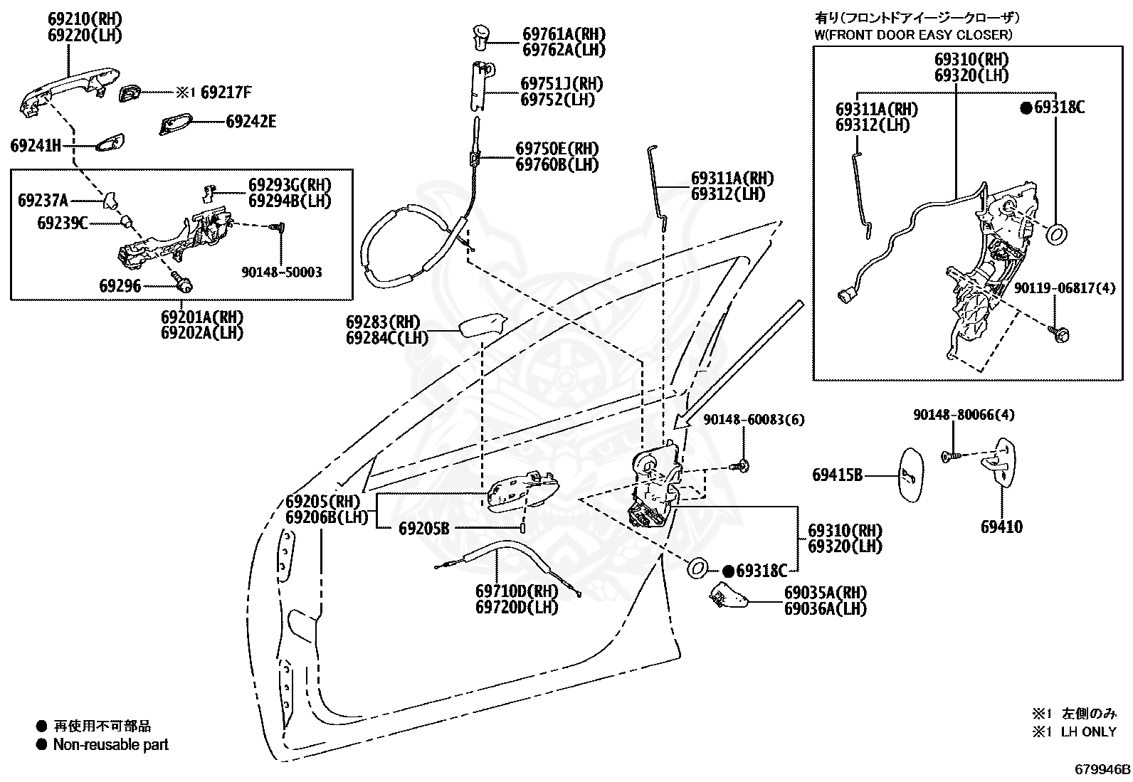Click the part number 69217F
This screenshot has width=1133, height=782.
(x=226, y=92)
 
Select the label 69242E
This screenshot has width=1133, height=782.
(x=251, y=122)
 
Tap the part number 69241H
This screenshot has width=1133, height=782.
(x=36, y=146)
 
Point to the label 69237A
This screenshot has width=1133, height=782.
(x=43, y=201)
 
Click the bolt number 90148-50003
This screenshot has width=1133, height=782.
(x=282, y=272)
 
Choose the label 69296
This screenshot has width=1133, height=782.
(x=120, y=286)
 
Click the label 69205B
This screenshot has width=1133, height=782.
(x=424, y=529)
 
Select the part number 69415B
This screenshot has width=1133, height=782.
(x=838, y=475)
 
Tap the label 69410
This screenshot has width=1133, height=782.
(x=1001, y=527)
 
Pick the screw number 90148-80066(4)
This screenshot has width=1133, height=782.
(x=964, y=415)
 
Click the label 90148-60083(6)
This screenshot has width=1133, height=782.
(x=754, y=419)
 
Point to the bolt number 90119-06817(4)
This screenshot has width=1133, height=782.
(x=1065, y=287)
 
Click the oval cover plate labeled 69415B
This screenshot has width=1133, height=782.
(x=911, y=475)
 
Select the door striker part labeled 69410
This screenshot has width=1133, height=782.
(x=998, y=463)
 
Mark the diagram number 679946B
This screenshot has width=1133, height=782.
(x=1102, y=769)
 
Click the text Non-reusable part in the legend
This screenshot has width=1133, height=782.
(x=111, y=744)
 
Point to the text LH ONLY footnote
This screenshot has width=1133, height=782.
(x=1088, y=731)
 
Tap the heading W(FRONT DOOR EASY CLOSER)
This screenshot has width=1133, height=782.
(x=914, y=35)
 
